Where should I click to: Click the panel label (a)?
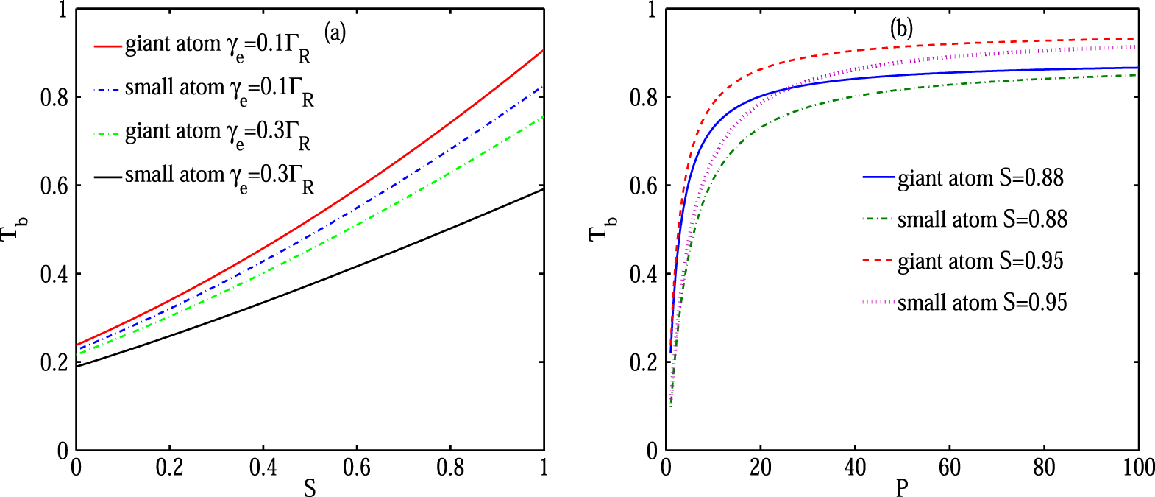[335, 32]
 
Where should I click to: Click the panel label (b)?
[901, 29]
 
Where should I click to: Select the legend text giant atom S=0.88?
[980, 178]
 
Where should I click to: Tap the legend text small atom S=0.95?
[981, 303]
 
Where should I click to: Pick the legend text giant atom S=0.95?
[980, 261]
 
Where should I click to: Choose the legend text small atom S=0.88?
[981, 219]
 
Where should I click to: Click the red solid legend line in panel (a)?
[107, 46]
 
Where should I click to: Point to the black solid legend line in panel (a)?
[107, 177]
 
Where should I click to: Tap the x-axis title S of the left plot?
[310, 487]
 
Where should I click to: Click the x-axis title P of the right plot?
[902, 487]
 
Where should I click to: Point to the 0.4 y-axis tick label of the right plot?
[644, 274]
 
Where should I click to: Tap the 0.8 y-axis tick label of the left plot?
[54, 97]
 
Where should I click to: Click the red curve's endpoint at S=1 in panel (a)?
[543, 50]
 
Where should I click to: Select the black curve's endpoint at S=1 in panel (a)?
[543, 189]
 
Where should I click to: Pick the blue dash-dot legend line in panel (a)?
[107, 90]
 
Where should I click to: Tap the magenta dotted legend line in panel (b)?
[878, 303]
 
